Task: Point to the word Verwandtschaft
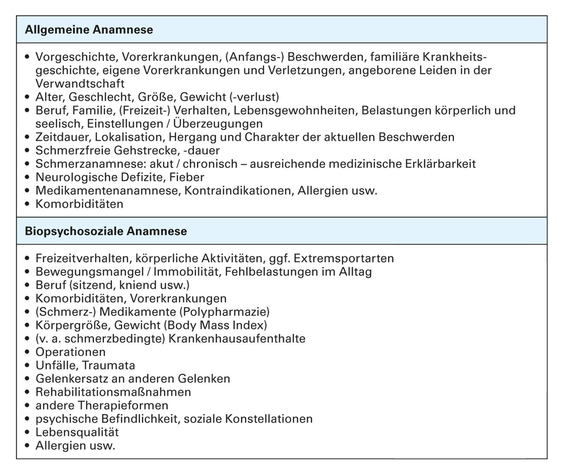[80, 84]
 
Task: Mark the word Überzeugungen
[218, 124]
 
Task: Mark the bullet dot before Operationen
[27, 352]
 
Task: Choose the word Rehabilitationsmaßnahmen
[113, 392]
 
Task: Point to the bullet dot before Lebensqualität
[27, 432]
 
